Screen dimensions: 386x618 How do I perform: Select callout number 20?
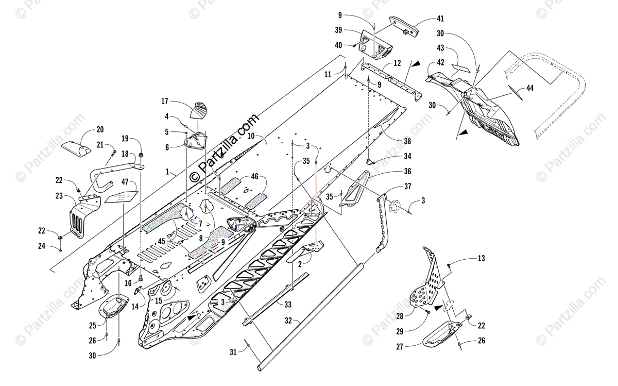click(99, 129)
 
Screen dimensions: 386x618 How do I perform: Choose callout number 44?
click(530, 88)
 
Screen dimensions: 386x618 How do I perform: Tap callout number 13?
click(481, 258)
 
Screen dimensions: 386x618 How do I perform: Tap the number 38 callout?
click(407, 141)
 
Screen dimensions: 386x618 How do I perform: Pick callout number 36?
click(407, 172)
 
